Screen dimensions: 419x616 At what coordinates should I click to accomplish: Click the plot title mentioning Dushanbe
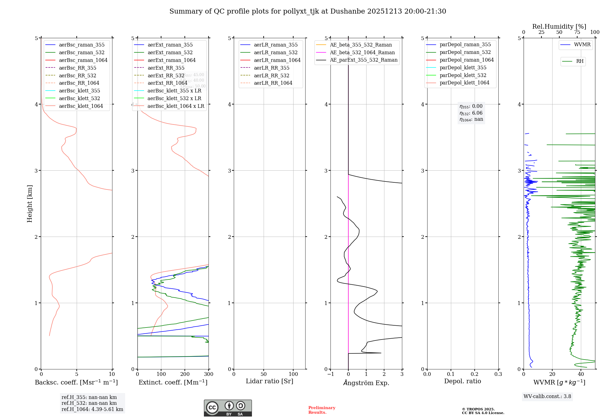(x=308, y=11)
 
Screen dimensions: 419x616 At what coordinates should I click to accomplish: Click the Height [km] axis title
(x=30, y=204)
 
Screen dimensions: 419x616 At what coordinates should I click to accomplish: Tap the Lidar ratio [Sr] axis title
(x=269, y=381)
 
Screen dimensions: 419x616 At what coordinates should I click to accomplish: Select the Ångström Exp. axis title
(x=366, y=383)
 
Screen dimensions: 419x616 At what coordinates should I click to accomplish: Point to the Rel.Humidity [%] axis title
(x=559, y=26)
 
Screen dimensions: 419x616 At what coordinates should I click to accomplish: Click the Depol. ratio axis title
(x=462, y=381)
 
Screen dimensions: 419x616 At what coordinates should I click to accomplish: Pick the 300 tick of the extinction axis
(x=209, y=374)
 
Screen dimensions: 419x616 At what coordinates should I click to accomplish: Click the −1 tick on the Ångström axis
(x=330, y=374)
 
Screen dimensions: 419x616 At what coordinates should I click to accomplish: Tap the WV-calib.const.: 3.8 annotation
(x=547, y=397)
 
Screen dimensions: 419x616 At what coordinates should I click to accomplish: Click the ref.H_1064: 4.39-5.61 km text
(x=92, y=409)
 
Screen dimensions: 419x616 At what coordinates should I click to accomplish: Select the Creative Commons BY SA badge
(x=228, y=408)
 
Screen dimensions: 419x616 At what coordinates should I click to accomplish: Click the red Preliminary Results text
(x=322, y=410)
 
